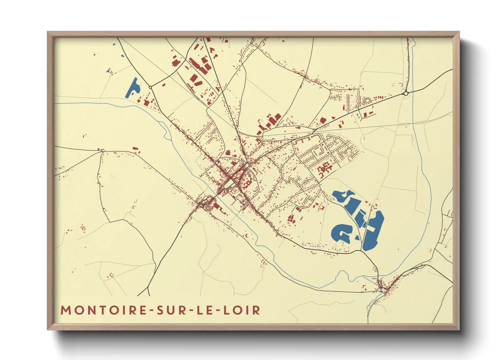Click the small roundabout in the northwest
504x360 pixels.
click(150, 87)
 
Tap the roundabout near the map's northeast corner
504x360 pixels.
click(406, 93)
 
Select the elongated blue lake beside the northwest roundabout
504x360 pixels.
click(133, 88)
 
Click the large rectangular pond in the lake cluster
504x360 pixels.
click(351, 206)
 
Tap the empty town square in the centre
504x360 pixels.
click(229, 184)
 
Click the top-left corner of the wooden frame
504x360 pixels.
click(48, 32)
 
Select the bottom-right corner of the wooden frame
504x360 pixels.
click(459, 329)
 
